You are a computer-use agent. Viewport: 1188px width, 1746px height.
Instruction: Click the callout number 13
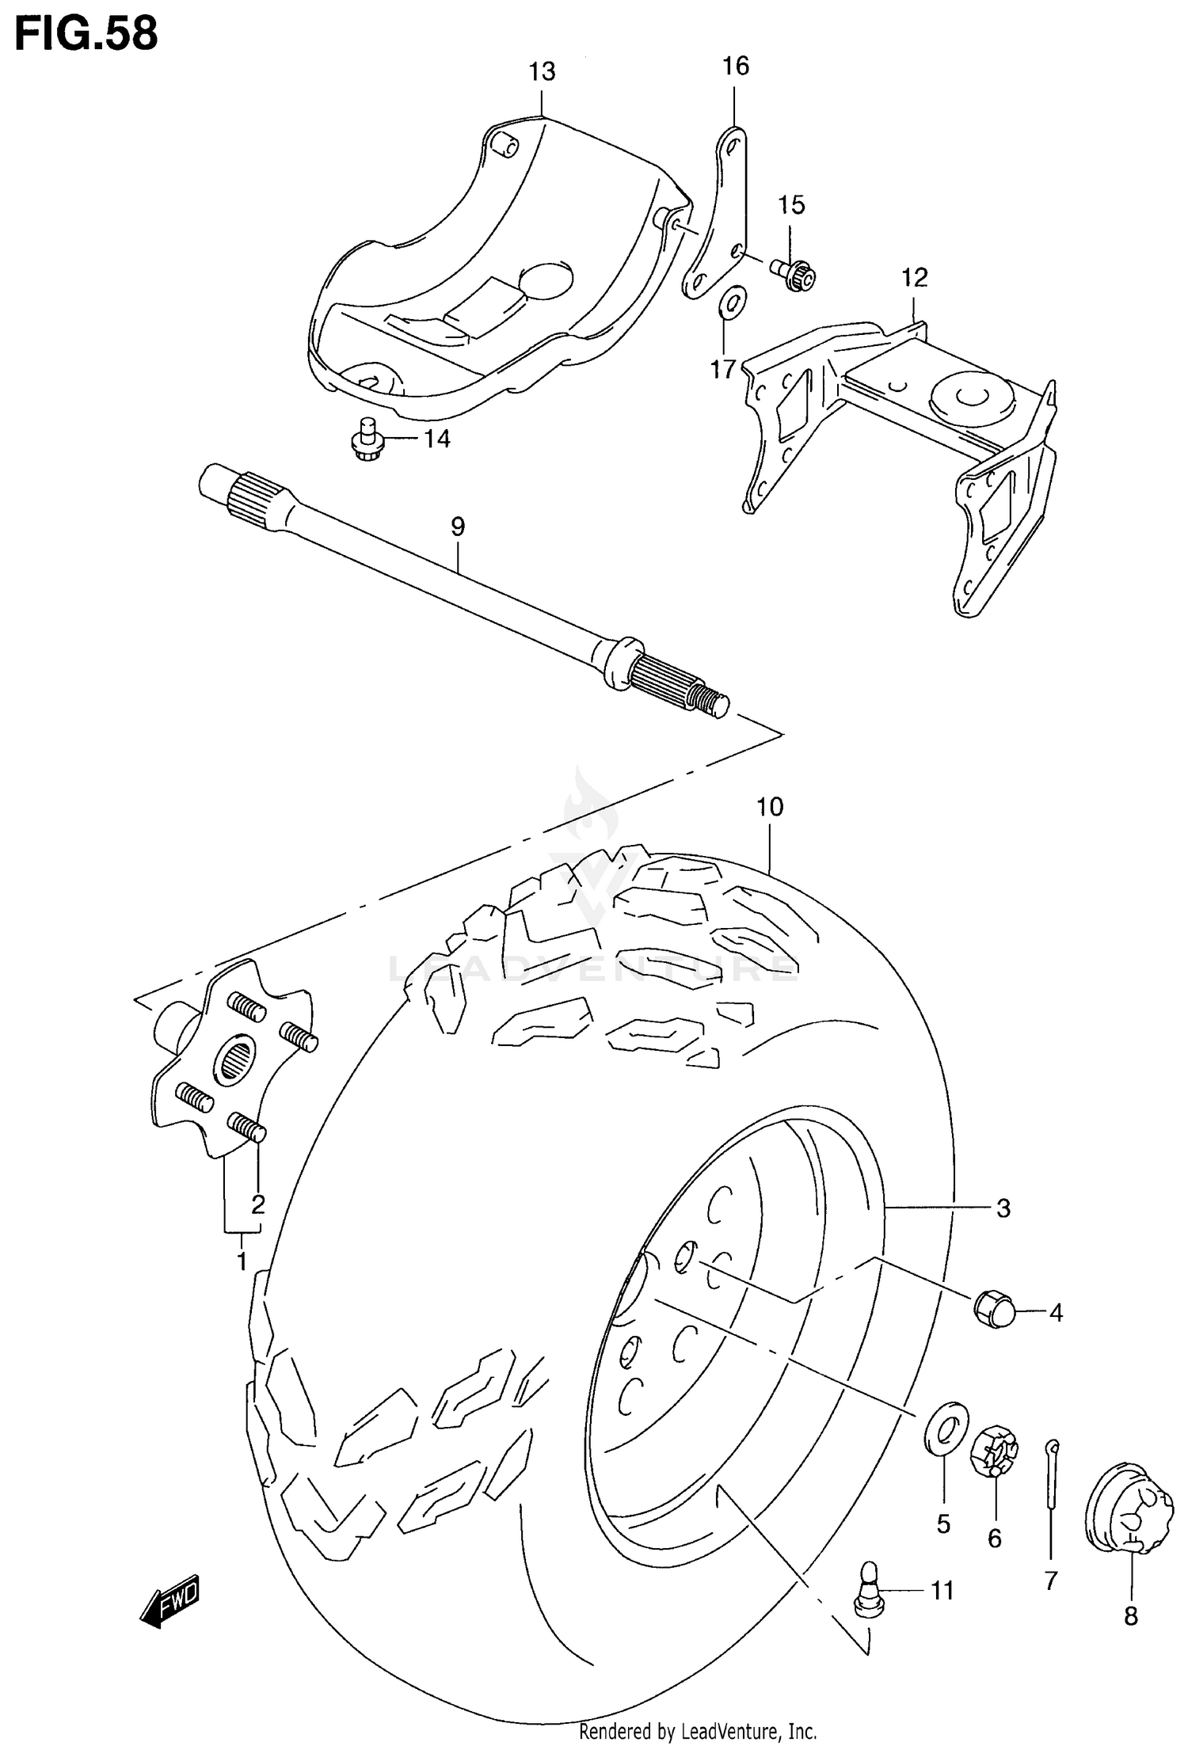[543, 72]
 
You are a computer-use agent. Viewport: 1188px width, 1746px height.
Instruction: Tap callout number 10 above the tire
[769, 808]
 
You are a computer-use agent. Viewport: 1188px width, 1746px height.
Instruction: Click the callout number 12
[914, 278]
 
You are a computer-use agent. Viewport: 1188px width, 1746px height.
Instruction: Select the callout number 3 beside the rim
[1003, 1208]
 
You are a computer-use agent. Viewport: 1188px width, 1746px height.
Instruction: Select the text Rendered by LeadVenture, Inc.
[698, 1731]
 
